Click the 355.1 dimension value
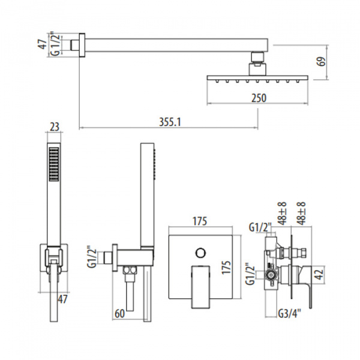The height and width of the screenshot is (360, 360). (169, 121)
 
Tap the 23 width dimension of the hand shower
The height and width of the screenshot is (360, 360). (55, 127)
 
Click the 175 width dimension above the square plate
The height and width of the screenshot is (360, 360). (200, 221)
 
